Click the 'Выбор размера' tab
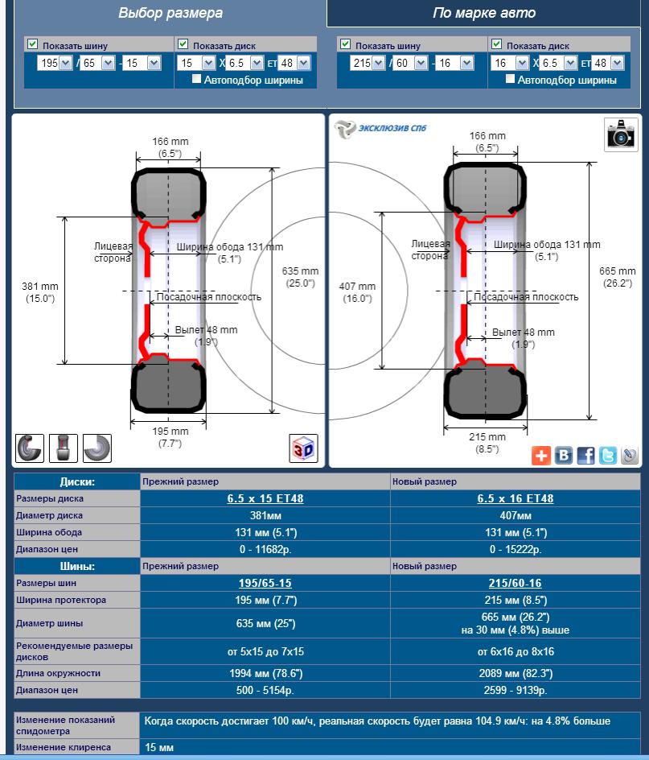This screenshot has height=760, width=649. [170, 13]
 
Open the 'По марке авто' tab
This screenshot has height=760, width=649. [483, 13]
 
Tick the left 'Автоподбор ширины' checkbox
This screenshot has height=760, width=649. [197, 80]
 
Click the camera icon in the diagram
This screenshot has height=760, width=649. [620, 134]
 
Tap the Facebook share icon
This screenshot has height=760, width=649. [586, 456]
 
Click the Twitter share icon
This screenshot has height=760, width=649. [608, 456]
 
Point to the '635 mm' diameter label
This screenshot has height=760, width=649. [300, 271]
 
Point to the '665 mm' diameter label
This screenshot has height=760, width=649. [618, 271]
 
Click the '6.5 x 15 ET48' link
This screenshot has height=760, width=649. [265, 499]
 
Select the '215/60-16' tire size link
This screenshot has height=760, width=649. [515, 583]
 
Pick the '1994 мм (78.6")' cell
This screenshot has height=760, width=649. [265, 674]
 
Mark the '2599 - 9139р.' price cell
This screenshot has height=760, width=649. [515, 691]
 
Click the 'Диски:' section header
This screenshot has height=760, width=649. [77, 482]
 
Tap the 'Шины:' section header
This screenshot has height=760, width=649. [77, 566]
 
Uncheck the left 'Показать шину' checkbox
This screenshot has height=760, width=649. [33, 44]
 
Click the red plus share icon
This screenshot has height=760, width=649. [541, 456]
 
